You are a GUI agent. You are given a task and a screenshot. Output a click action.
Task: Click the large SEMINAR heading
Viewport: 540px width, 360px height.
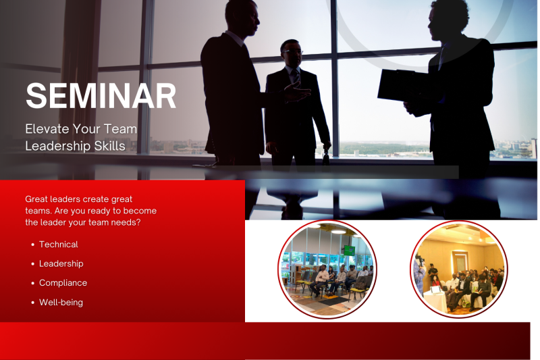pos(101,96)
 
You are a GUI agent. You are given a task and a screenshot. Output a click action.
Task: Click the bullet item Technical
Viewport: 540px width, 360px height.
pos(58,245)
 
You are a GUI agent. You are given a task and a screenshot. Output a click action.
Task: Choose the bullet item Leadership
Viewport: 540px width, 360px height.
pos(61,264)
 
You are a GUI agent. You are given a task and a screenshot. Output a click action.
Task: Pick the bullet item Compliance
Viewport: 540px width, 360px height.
pos(63,283)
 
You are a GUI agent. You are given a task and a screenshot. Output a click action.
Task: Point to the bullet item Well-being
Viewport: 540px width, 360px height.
pos(61,303)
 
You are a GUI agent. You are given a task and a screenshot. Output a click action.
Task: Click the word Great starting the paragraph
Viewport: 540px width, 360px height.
pos(38,199)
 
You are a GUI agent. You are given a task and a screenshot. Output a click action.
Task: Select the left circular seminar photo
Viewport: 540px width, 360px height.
pos(327,269)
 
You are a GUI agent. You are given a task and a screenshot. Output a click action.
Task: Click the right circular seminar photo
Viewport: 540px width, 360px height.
pos(458,269)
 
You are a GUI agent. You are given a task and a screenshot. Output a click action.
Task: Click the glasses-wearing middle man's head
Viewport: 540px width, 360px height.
pos(292,54)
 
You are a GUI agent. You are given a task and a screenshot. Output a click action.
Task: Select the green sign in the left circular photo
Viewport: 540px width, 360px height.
pos(349,250)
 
